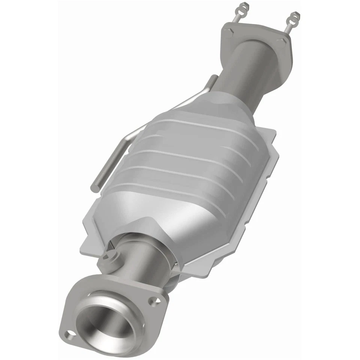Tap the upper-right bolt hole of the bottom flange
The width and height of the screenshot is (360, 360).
153,300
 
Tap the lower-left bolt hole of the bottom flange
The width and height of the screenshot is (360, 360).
69,333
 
